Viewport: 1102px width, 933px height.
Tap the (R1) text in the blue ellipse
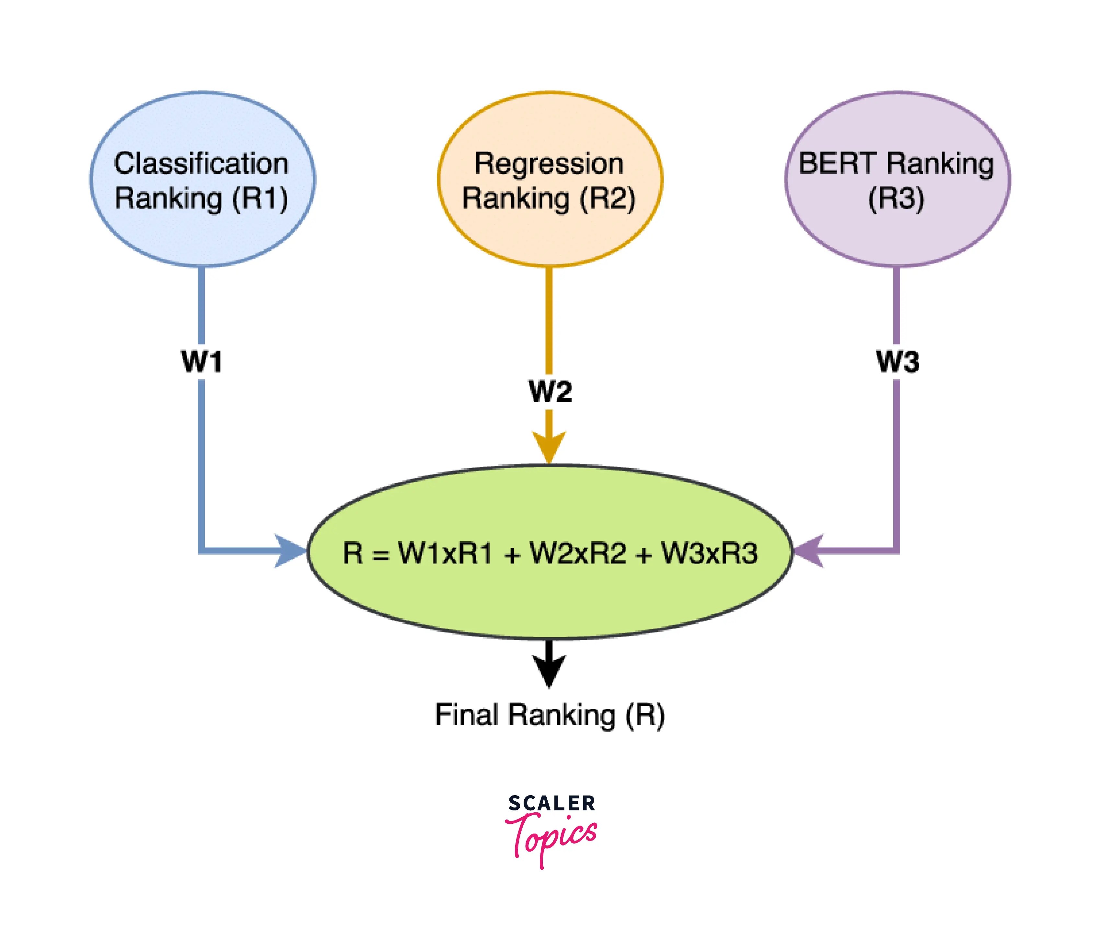[261, 199]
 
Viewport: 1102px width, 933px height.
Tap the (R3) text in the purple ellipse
[896, 199]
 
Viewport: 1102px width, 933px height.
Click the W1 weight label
[201, 362]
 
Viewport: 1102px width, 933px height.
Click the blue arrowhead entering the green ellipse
[291, 551]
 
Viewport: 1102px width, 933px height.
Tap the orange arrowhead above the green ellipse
[549, 447]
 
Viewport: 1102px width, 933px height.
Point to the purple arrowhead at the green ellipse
[809, 551]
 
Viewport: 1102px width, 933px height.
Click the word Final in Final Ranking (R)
[466, 715]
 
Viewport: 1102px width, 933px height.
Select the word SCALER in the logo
[551, 803]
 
